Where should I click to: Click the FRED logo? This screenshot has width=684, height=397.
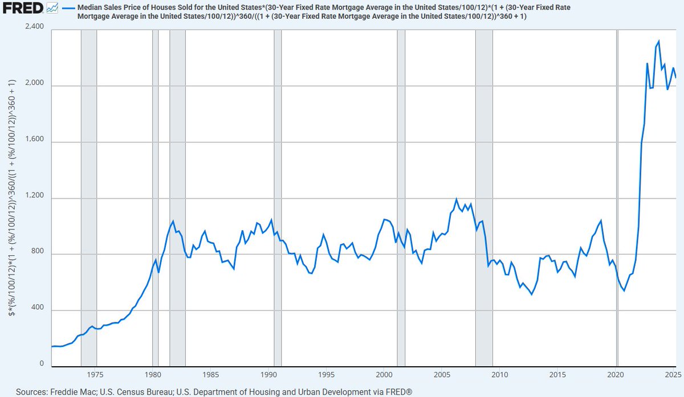click(22, 8)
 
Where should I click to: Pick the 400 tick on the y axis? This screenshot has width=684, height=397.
click(39, 310)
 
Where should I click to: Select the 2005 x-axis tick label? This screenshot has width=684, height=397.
click(442, 375)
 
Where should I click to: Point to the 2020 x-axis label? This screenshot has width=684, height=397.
click(616, 375)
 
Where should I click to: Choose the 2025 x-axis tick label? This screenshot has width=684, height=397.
click(673, 375)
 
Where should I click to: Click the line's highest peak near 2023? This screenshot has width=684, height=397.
click(659, 41)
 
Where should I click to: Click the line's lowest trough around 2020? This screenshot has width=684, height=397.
click(624, 290)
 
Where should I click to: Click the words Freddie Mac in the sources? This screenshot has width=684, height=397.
click(71, 392)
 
